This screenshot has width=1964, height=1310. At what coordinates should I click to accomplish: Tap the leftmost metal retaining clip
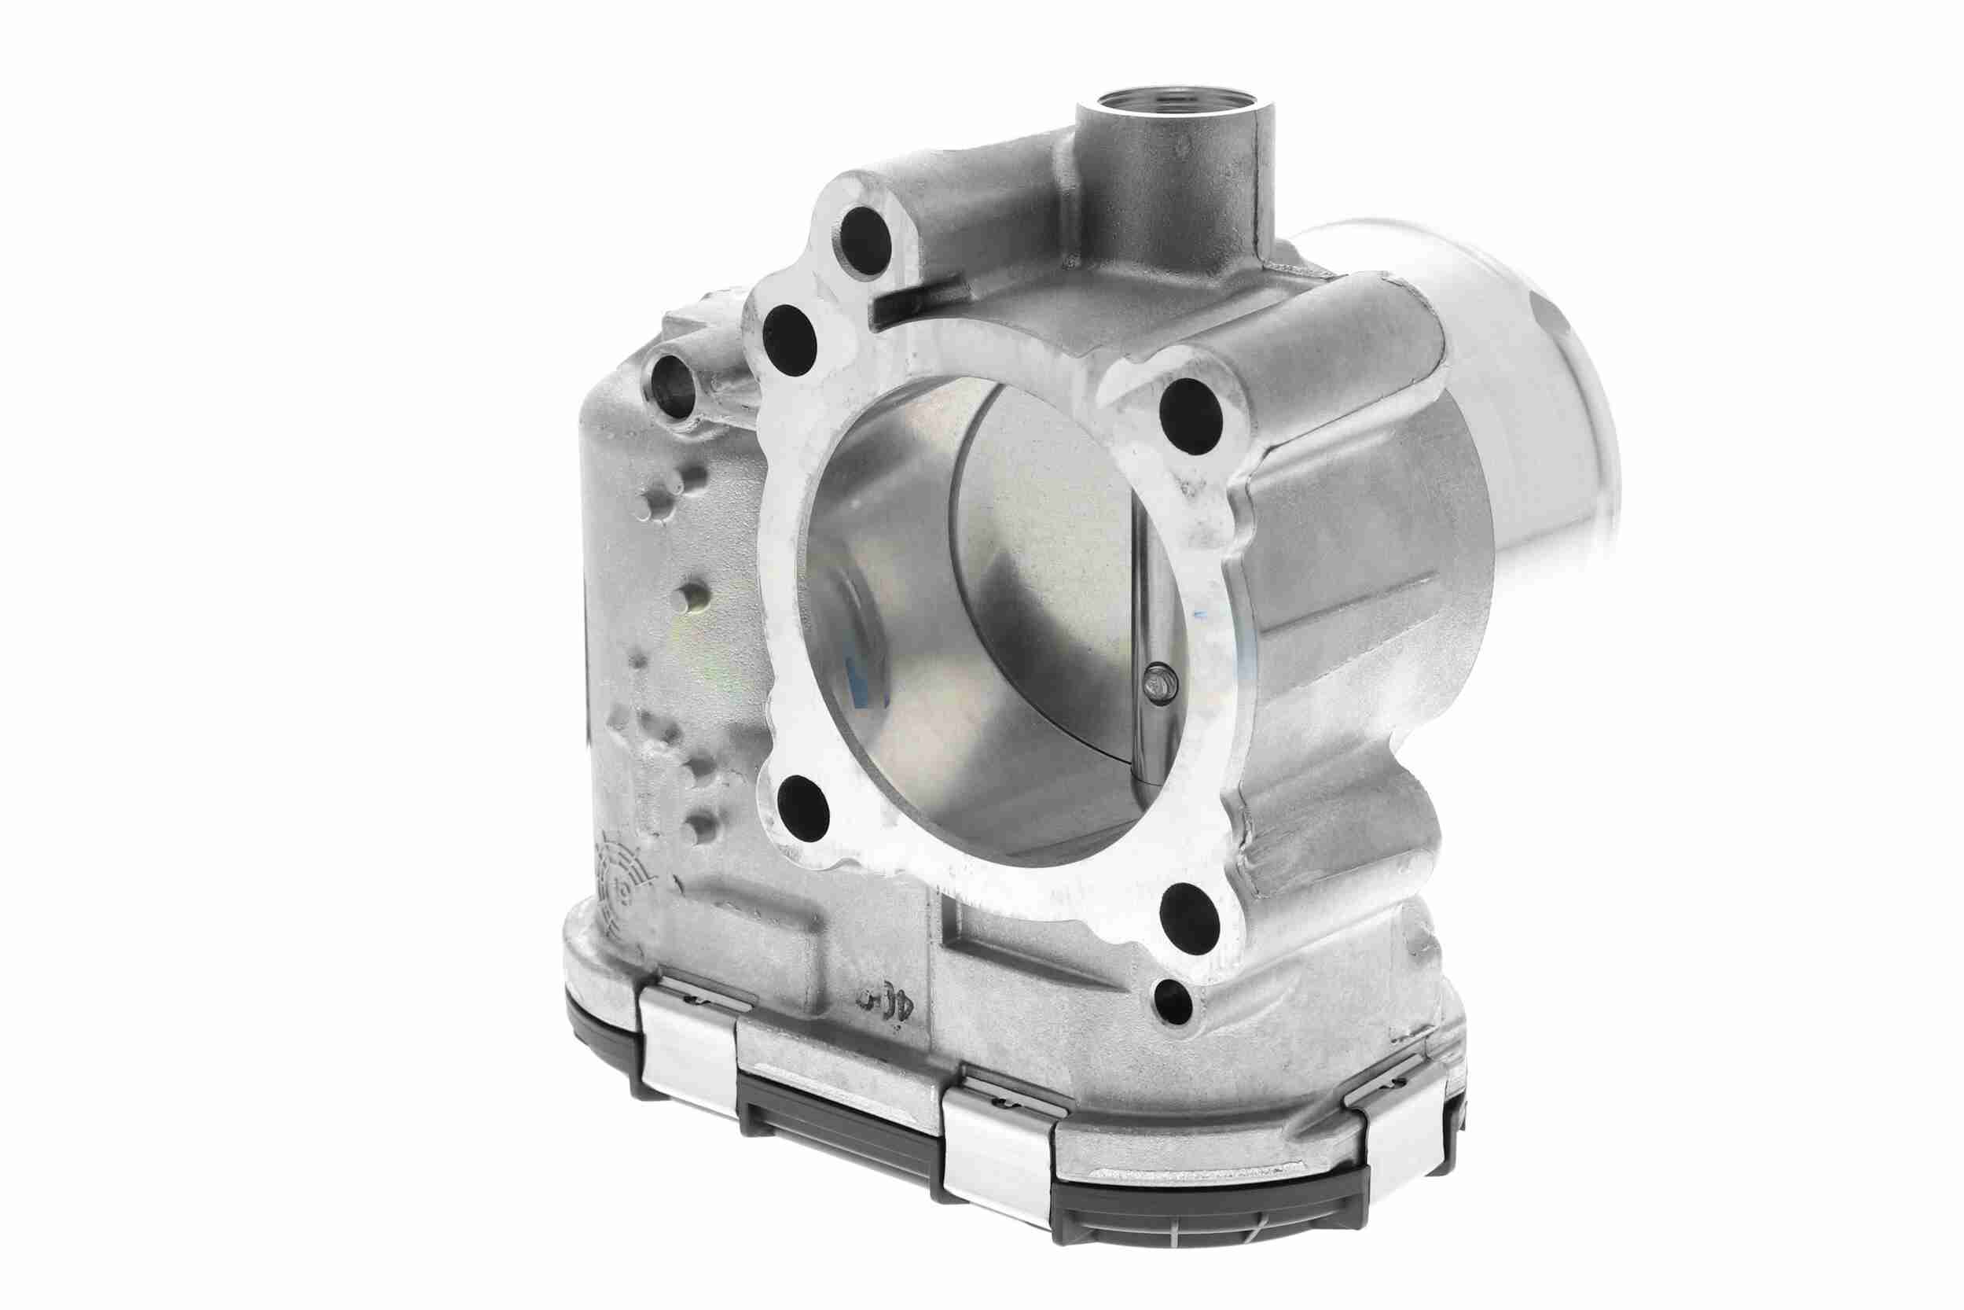tap(692, 1036)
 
